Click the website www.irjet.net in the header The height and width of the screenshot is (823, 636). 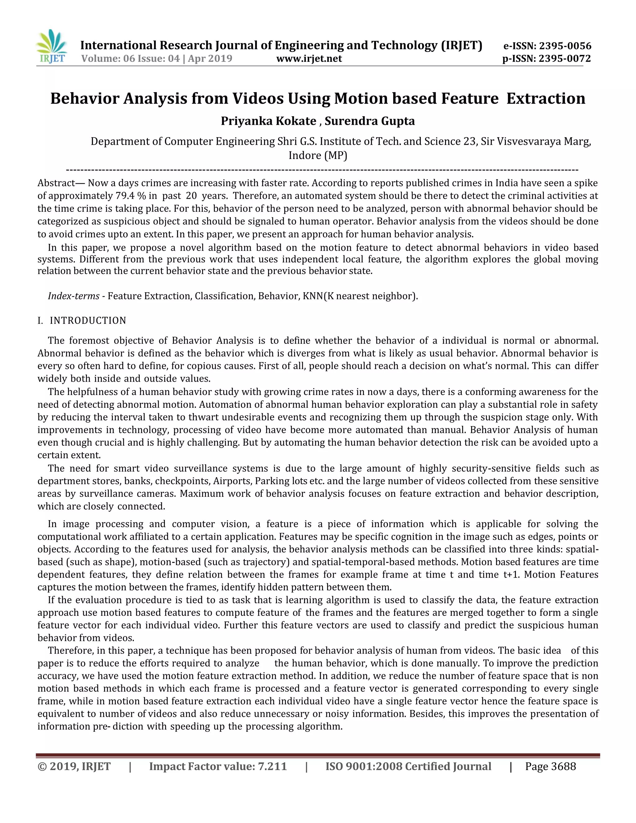pos(309,58)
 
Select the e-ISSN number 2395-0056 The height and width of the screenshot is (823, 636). pos(565,46)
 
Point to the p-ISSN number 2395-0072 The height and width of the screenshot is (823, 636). pos(565,58)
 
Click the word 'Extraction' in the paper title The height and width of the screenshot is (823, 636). pos(546,99)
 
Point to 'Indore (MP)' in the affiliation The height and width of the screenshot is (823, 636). pos(318,155)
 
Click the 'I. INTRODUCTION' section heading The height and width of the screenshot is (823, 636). pos(82,321)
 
